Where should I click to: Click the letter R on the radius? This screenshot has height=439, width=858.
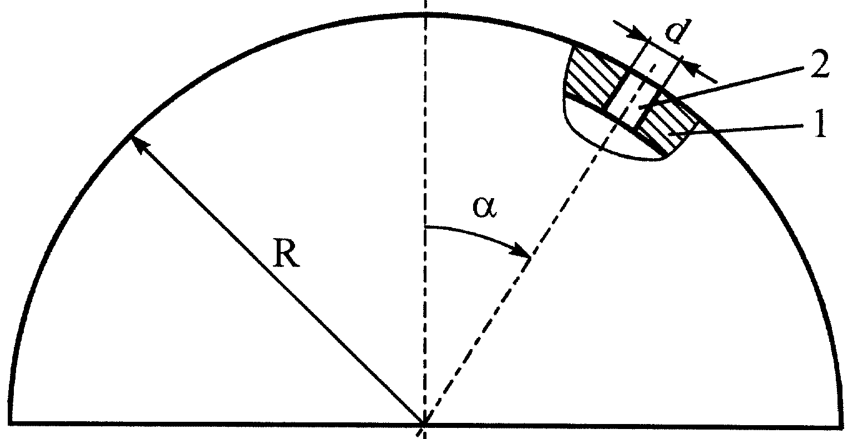click(x=286, y=253)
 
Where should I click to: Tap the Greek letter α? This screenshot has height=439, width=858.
click(x=485, y=208)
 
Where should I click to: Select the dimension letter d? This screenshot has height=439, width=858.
click(x=678, y=30)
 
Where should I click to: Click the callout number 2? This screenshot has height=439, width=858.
click(x=820, y=65)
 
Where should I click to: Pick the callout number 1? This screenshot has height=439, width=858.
click(x=819, y=123)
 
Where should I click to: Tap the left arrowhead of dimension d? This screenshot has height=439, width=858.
click(x=639, y=34)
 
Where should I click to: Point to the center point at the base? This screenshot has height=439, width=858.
click(x=424, y=423)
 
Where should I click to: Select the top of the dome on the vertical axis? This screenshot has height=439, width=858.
click(x=424, y=14)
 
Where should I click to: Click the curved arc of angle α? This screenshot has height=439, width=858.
click(x=479, y=234)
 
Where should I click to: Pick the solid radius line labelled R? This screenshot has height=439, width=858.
click(x=277, y=279)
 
